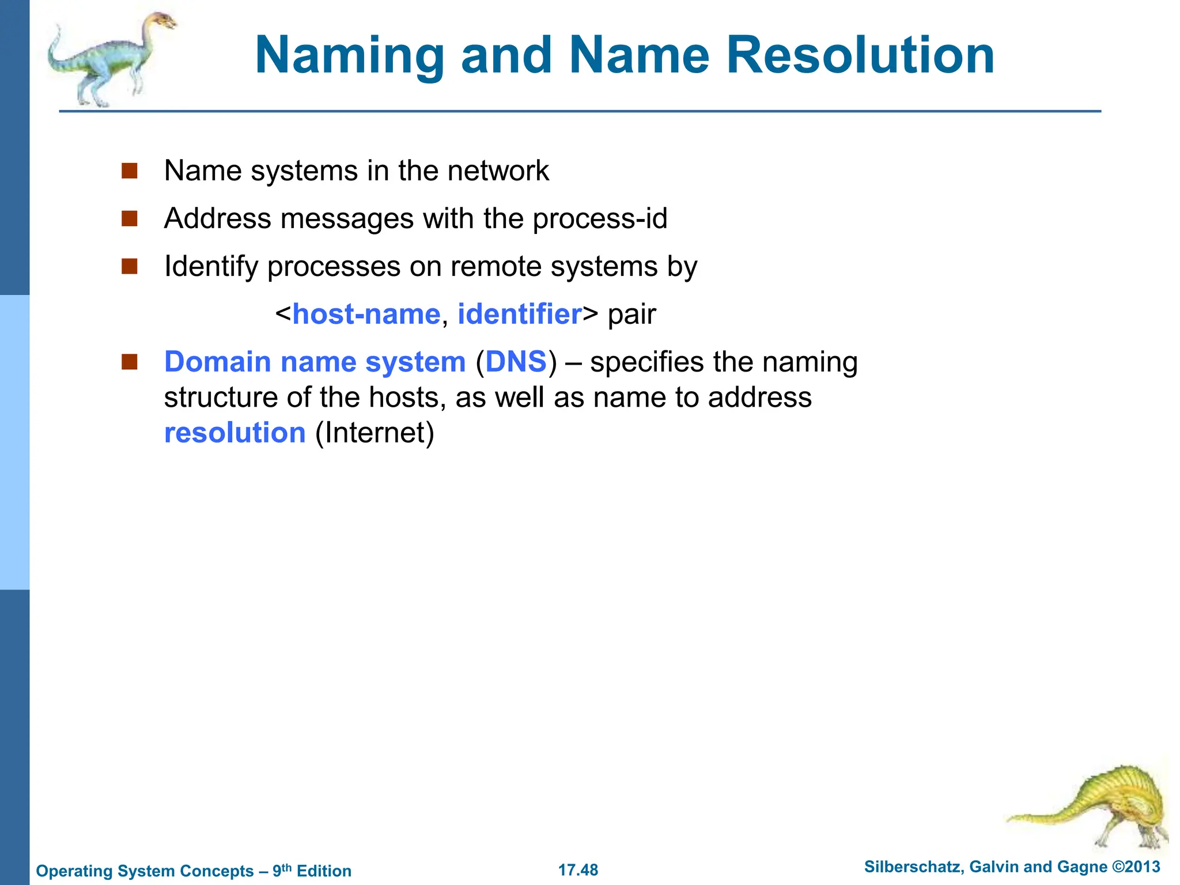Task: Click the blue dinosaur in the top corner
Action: coord(109,60)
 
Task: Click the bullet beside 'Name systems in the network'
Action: coord(130,171)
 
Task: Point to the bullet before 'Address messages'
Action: coord(130,219)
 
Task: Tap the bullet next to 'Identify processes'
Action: coord(130,267)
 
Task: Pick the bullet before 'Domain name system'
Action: coord(130,362)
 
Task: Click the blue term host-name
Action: coord(366,315)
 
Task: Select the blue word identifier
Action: coord(519,315)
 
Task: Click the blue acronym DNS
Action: coord(516,362)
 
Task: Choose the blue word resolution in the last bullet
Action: coord(235,433)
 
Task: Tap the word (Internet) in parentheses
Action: coord(375,433)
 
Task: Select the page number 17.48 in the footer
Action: coord(578,870)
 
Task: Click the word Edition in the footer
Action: coord(324,871)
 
